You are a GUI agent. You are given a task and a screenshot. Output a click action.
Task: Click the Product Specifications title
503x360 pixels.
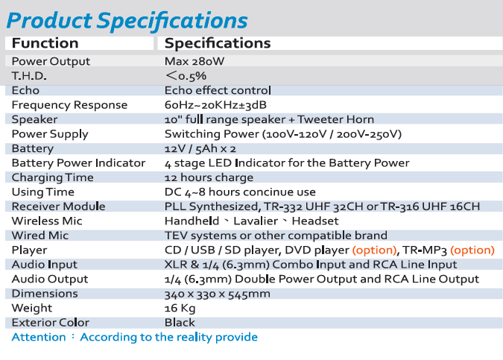click(x=127, y=21)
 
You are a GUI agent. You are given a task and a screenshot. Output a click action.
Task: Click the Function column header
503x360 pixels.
click(x=45, y=43)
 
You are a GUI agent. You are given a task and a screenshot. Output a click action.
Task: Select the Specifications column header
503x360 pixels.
click(x=218, y=43)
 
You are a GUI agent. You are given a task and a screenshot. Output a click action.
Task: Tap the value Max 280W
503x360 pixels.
click(x=194, y=61)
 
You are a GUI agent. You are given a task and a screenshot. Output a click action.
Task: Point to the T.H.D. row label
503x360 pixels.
click(x=29, y=76)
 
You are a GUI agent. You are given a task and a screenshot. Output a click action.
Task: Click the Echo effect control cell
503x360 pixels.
click(x=218, y=90)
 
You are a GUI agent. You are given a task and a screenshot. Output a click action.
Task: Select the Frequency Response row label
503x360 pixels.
click(x=69, y=105)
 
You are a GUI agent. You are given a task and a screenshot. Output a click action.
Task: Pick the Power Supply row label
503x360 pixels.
click(x=50, y=134)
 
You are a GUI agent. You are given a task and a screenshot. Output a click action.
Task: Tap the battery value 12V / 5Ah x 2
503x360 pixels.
click(x=200, y=148)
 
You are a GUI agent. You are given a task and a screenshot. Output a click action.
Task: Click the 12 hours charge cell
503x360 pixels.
click(x=209, y=177)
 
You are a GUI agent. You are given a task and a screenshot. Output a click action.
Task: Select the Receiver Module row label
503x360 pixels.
click(x=58, y=206)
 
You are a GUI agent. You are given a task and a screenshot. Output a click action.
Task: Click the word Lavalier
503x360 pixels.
click(x=256, y=221)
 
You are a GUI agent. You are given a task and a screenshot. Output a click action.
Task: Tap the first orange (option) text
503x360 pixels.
click(x=374, y=250)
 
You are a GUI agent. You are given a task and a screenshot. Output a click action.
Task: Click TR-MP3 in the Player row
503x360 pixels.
click(x=425, y=250)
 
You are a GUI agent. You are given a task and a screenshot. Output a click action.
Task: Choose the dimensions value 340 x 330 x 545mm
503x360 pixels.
click(x=218, y=294)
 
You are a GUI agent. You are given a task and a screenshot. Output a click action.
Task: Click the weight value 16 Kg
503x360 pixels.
click(x=180, y=309)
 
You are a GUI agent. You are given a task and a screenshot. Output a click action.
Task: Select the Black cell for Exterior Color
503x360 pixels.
click(x=180, y=323)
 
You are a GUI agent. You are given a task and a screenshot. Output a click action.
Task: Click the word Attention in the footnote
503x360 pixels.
click(x=39, y=337)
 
